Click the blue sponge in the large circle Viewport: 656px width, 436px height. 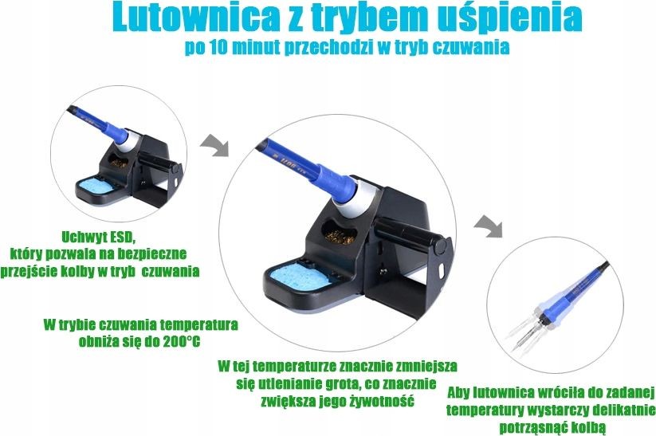(296, 277)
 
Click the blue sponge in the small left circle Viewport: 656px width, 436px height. (96, 186)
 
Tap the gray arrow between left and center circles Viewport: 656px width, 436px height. (214, 146)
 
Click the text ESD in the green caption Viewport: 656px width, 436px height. (122, 238)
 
